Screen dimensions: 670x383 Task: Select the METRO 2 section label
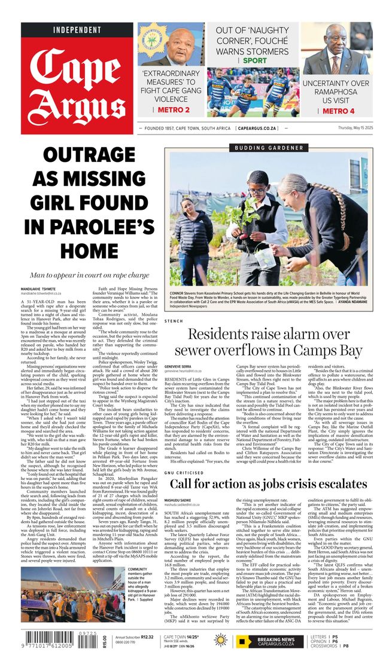click(170, 109)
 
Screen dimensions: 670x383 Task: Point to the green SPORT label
click(255, 60)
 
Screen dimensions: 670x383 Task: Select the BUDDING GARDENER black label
click(268, 147)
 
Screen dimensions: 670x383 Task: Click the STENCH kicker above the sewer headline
click(174, 321)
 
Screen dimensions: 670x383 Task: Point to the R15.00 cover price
click(105, 641)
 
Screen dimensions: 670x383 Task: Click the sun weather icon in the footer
click(221, 640)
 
